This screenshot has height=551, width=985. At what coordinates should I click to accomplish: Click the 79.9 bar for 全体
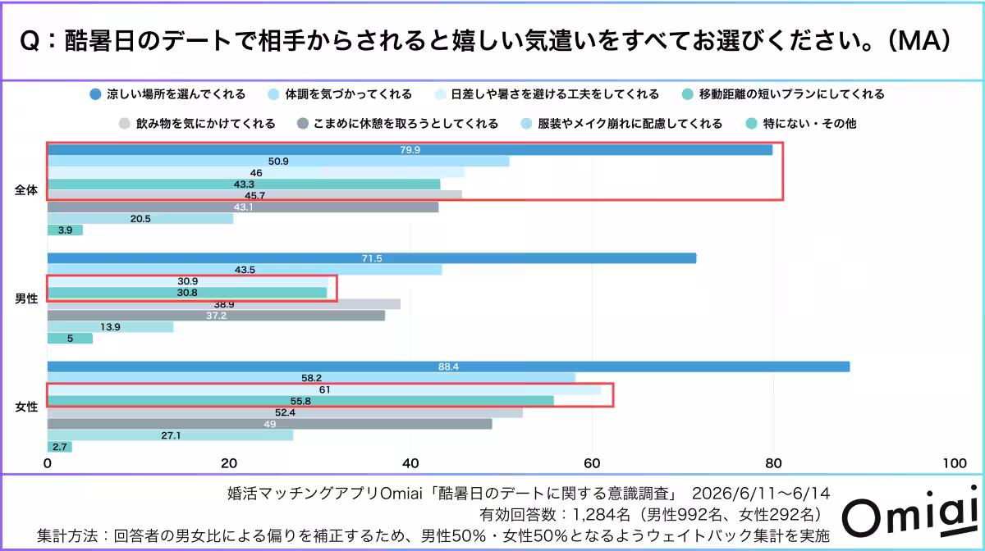pyautogui.click(x=410, y=150)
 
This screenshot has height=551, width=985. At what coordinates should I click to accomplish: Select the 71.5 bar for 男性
pyautogui.click(x=372, y=258)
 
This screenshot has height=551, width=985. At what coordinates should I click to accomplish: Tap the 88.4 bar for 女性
pyautogui.click(x=448, y=367)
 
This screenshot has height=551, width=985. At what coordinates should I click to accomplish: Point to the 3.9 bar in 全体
pyautogui.click(x=65, y=230)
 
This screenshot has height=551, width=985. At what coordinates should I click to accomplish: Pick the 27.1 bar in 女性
pyautogui.click(x=170, y=435)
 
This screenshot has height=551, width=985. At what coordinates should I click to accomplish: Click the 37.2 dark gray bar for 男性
pyautogui.click(x=216, y=316)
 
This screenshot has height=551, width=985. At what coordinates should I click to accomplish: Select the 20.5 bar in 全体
pyautogui.click(x=140, y=218)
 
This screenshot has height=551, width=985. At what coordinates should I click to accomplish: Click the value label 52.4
pyautogui.click(x=285, y=412)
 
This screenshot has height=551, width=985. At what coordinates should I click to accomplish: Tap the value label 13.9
pyautogui.click(x=110, y=327)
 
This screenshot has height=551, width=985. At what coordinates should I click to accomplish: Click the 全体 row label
pyautogui.click(x=26, y=190)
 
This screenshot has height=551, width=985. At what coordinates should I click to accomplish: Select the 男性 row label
pyautogui.click(x=26, y=298)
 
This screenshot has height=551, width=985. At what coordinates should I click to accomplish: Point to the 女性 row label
pyautogui.click(x=26, y=408)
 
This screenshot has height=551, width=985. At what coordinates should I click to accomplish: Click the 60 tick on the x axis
pyautogui.click(x=592, y=463)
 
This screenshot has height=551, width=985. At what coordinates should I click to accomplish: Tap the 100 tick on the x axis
pyautogui.click(x=955, y=463)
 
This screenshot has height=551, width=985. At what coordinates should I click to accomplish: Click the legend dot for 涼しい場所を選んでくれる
pyautogui.click(x=95, y=94)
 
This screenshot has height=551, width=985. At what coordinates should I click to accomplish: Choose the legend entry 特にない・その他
pyautogui.click(x=801, y=124)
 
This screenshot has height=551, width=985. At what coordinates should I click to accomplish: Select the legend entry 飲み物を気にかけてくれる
pyautogui.click(x=198, y=124)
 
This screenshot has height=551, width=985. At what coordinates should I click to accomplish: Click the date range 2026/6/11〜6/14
pyautogui.click(x=761, y=494)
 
